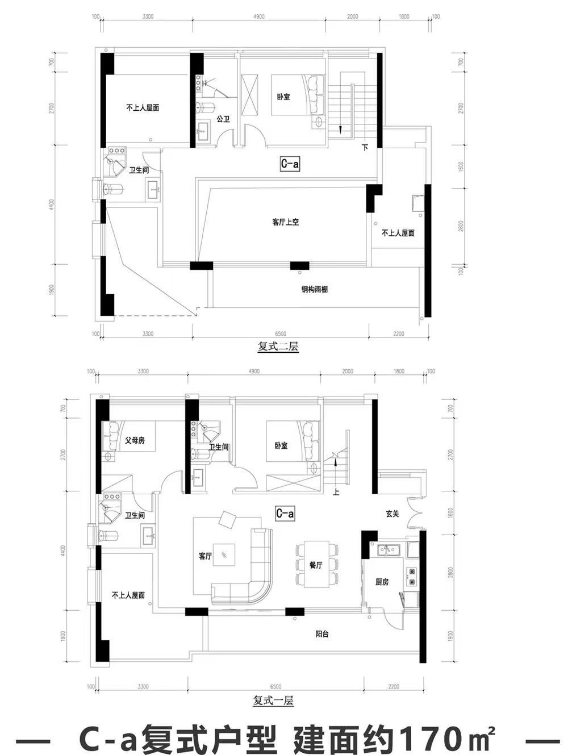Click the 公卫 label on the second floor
coord(223,119)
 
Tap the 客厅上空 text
coord(285,222)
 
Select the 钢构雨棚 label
coord(314,289)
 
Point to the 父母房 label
coord(135,440)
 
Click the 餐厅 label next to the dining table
coord(316,565)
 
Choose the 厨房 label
coord(382,582)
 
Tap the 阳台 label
coord(322,633)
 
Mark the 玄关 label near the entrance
coord(392,514)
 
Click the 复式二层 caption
coord(278,347)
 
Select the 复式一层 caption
coord(273,700)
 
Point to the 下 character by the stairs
coord(365,148)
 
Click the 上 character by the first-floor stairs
coord(336,492)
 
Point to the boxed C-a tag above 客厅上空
coord(290,164)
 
